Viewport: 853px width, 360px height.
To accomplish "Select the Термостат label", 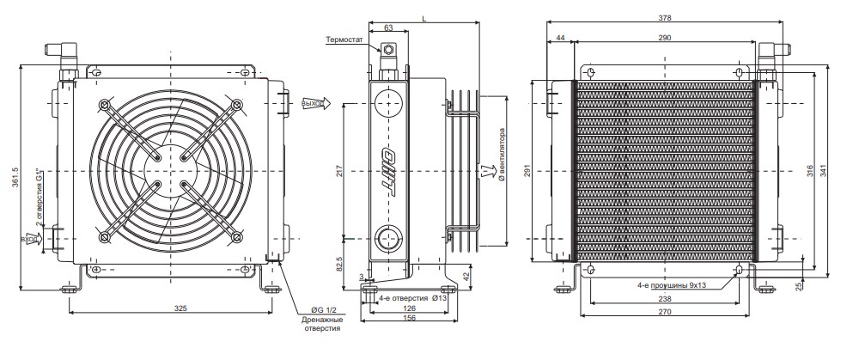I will (347, 40).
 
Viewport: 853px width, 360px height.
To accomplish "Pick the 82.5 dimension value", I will (340, 262).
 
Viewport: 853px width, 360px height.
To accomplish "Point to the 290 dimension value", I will (665, 38).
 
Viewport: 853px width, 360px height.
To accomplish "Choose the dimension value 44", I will (560, 38).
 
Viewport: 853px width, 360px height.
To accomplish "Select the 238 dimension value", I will (665, 299).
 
